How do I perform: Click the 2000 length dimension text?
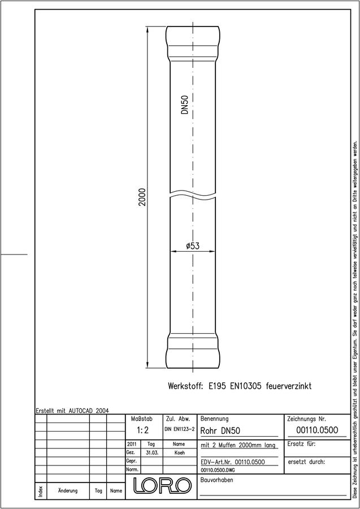coord(142,197)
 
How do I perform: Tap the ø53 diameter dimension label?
coord(193,246)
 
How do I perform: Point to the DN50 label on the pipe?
coord(185,105)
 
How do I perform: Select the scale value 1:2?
coord(142,431)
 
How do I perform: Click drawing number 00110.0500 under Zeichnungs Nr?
coord(317,430)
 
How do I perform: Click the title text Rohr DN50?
coord(220,431)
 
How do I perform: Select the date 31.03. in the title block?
coord(152,453)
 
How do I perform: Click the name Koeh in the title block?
coord(179,453)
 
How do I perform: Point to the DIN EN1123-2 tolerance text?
coord(180,429)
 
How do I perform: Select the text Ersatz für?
coord(302,444)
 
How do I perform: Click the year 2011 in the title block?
coord(132,444)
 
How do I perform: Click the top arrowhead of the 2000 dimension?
coord(148,29)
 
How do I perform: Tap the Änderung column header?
coord(68,490)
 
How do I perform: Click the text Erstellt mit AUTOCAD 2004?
coord(72,411)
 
